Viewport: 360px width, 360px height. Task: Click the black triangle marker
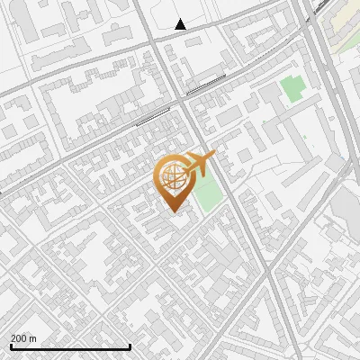180,24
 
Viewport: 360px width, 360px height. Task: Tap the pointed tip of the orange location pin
173,211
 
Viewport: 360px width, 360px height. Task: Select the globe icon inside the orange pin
172,176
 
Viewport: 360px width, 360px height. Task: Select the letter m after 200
33,338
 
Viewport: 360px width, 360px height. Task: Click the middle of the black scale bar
70,346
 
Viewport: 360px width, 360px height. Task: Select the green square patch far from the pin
291,88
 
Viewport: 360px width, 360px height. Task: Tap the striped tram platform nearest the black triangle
206,85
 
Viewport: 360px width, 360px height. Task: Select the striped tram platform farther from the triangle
152,115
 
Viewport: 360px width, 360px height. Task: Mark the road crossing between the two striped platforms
179,100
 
